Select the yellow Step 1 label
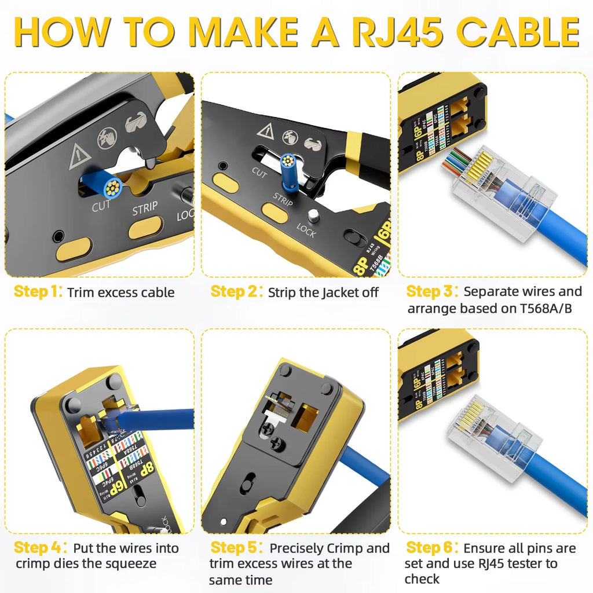tap(38, 292)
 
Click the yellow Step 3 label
tap(432, 291)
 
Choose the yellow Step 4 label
tap(38, 548)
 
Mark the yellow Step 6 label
tap(432, 548)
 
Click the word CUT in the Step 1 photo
tap(101, 206)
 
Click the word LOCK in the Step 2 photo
tap(306, 231)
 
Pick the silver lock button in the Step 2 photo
tap(313, 215)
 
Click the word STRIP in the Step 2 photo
tap(283, 200)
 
